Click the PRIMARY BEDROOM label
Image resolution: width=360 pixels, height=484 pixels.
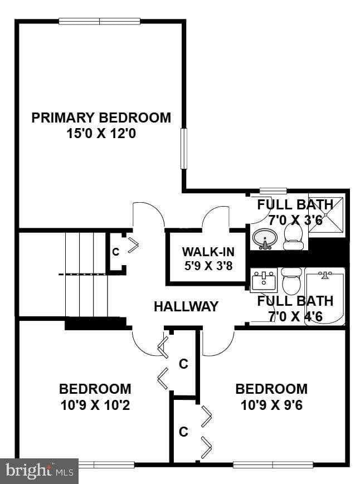(101, 118)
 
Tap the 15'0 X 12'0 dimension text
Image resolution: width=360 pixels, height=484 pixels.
(101, 134)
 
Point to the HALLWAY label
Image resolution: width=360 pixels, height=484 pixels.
(186, 306)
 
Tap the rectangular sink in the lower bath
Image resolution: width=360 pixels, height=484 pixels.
(264, 281)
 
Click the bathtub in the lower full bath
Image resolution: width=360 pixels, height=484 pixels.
(324, 296)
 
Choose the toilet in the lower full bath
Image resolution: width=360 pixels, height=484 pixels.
(291, 282)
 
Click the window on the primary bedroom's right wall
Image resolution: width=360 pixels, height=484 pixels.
(183, 148)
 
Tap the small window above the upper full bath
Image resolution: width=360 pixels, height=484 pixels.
(273, 191)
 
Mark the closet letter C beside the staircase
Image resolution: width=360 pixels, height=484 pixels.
(116, 252)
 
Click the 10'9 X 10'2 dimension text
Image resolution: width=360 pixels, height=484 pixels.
(95, 405)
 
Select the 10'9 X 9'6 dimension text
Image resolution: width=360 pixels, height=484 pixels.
(271, 405)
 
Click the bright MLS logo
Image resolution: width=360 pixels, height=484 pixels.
(39, 471)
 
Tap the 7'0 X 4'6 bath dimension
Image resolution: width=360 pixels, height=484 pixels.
(295, 316)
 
